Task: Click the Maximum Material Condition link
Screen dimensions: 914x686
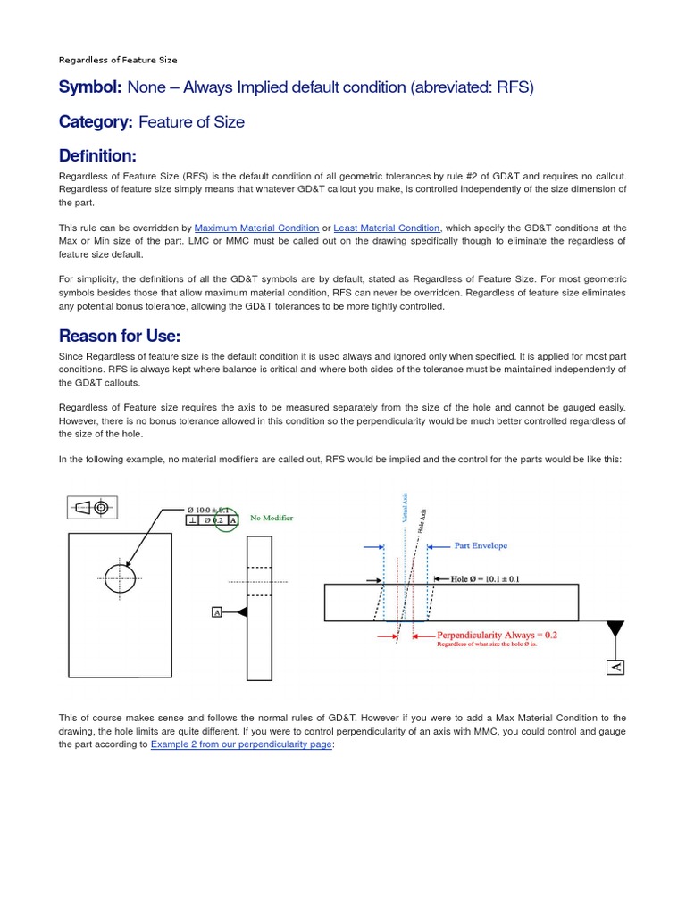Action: pyautogui.click(x=256, y=228)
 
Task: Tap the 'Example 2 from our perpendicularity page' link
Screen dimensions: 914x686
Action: pyautogui.click(x=241, y=744)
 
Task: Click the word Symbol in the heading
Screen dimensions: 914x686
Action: pyautogui.click(x=89, y=87)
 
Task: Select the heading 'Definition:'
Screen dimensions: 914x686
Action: pyautogui.click(x=97, y=156)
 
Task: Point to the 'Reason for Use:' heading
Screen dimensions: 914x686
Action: pyautogui.click(x=120, y=336)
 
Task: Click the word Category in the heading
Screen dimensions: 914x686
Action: pyautogui.click(x=96, y=122)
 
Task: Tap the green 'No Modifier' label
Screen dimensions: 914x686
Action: pyautogui.click(x=272, y=518)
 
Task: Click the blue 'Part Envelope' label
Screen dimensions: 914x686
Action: pyautogui.click(x=481, y=545)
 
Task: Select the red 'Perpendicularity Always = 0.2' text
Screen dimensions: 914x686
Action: pyautogui.click(x=496, y=635)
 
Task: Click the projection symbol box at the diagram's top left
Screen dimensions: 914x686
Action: pyautogui.click(x=92, y=507)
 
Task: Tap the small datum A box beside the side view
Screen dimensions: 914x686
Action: pyautogui.click(x=216, y=611)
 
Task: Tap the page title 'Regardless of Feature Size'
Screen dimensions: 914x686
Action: pyautogui.click(x=118, y=60)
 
